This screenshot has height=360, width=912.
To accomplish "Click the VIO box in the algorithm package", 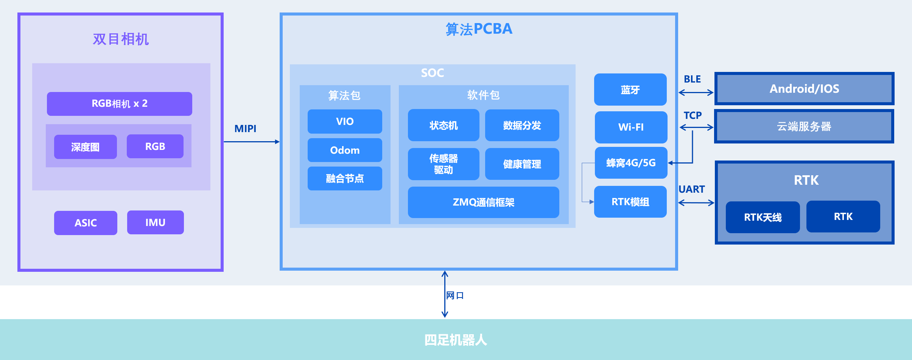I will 345,122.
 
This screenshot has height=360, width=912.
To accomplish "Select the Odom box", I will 345,150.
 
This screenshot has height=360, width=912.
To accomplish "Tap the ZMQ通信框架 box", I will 483,202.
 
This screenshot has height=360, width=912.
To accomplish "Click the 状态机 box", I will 444,125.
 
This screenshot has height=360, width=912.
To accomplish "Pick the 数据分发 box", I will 522,125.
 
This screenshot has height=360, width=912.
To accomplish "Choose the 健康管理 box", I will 522,164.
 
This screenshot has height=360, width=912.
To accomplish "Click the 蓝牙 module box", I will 630,90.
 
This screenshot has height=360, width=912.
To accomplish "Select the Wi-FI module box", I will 631,127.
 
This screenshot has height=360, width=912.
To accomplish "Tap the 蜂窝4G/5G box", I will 631,163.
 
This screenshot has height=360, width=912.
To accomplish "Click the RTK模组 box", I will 630,202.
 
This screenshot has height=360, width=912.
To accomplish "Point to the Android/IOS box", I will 804,89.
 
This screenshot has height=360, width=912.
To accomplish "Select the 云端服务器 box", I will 804,126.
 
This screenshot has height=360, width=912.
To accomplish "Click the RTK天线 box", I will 763,217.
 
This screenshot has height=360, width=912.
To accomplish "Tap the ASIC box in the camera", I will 86,223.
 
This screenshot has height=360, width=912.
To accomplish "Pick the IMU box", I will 155,223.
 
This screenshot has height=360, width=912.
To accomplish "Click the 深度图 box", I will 85,147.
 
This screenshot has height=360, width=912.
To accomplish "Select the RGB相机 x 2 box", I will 119,104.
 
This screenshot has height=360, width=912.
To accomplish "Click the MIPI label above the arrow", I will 245,129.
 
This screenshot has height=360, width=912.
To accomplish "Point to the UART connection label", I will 691,189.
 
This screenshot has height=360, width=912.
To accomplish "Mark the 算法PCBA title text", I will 479,29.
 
